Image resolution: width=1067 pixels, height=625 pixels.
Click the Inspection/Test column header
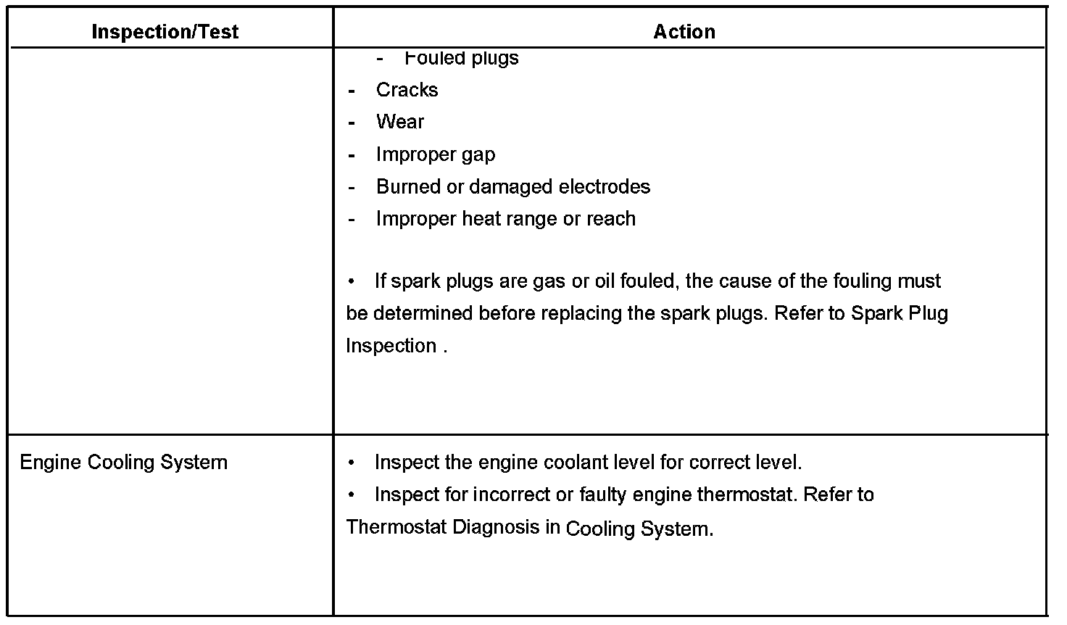(x=165, y=31)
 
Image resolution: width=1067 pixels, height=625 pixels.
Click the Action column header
(x=684, y=31)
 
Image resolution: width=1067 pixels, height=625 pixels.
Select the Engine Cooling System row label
(x=123, y=463)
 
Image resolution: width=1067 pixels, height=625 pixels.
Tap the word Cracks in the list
(x=407, y=90)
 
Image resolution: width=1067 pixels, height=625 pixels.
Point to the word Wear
(x=399, y=122)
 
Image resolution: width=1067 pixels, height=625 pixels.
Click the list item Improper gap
(x=435, y=154)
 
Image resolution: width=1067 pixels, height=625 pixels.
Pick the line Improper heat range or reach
(x=505, y=219)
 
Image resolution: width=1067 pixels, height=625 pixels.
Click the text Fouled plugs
(x=461, y=58)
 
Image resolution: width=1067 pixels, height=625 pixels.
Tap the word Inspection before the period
(x=391, y=346)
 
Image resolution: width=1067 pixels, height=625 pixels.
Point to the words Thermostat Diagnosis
(x=443, y=527)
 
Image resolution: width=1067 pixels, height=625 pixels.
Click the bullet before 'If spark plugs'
(x=352, y=281)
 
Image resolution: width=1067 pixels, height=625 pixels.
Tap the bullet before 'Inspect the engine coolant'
(x=352, y=463)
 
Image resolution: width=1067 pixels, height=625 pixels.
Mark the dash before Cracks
(x=352, y=91)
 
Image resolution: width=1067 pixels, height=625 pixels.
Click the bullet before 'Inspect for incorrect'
(x=352, y=494)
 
